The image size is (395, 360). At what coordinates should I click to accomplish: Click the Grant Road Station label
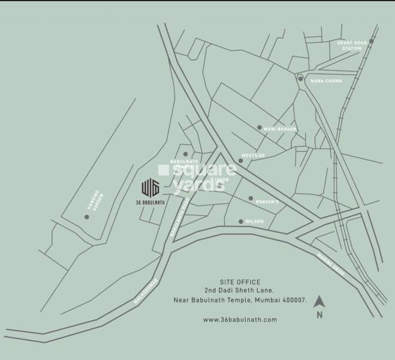(349, 45)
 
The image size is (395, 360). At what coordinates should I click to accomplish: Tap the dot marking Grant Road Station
(371, 41)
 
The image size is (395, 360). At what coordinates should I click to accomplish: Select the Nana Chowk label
(326, 80)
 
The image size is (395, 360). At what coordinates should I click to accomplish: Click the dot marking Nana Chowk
(300, 79)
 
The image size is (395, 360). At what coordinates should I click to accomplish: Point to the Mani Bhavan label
(278, 128)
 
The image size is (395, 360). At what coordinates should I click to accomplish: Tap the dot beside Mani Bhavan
(259, 127)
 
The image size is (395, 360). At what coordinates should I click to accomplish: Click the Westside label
(253, 156)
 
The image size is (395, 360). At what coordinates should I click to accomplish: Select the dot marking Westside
(240, 161)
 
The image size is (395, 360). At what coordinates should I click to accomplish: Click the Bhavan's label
(268, 201)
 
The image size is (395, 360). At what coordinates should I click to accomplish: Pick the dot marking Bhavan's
(251, 198)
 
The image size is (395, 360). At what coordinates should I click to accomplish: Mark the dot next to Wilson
(241, 221)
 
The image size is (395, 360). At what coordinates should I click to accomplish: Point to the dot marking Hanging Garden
(86, 217)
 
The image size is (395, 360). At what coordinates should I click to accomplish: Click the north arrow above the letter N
(319, 301)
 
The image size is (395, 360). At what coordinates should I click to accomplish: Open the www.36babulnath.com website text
(240, 320)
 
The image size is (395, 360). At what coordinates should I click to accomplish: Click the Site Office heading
(240, 281)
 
